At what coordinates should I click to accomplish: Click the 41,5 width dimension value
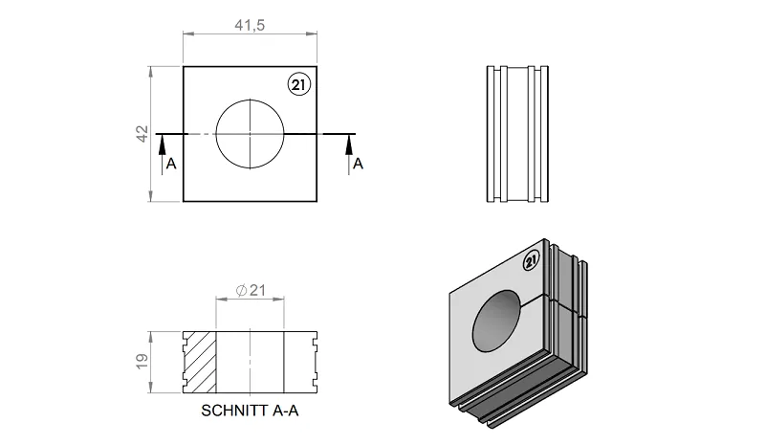[x=250, y=25]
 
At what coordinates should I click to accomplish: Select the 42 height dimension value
[x=142, y=134]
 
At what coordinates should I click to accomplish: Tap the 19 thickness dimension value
[x=142, y=362]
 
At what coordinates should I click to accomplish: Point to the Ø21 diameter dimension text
[x=251, y=291]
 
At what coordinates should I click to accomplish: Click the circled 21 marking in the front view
[x=298, y=85]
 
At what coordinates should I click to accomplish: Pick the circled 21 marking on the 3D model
[x=532, y=261]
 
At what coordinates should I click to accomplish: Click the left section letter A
[x=171, y=164]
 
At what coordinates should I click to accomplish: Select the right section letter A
[x=358, y=164]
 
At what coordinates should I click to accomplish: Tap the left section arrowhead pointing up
[x=162, y=145]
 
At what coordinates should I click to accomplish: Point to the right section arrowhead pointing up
[x=349, y=145]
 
